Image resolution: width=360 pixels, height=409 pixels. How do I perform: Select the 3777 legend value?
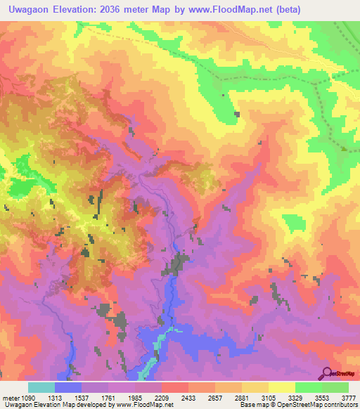349,396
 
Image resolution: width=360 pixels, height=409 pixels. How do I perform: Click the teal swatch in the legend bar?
41,387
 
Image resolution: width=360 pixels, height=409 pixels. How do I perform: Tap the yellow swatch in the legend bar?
282,387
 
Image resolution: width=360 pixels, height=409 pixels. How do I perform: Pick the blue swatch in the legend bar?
68,387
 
